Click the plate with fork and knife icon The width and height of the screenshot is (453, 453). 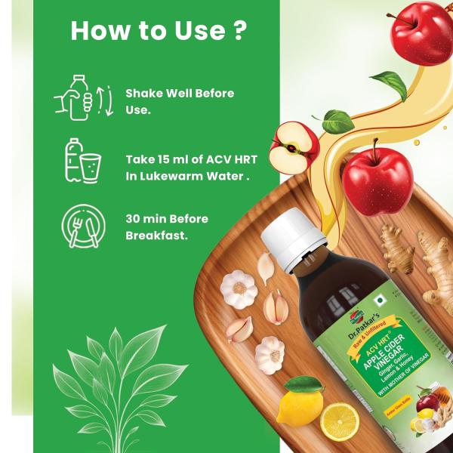tap(82, 225)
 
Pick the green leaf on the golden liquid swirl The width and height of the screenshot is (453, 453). tap(393, 85)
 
